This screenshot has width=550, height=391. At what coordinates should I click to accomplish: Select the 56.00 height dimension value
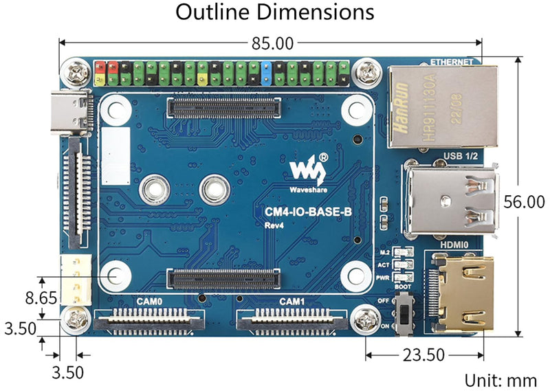tap(523, 201)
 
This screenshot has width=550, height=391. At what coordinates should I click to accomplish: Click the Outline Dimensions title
tap(275, 12)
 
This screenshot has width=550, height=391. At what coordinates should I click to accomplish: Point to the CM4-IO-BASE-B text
tap(308, 212)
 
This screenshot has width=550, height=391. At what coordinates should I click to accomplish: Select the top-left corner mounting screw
tap(74, 71)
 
